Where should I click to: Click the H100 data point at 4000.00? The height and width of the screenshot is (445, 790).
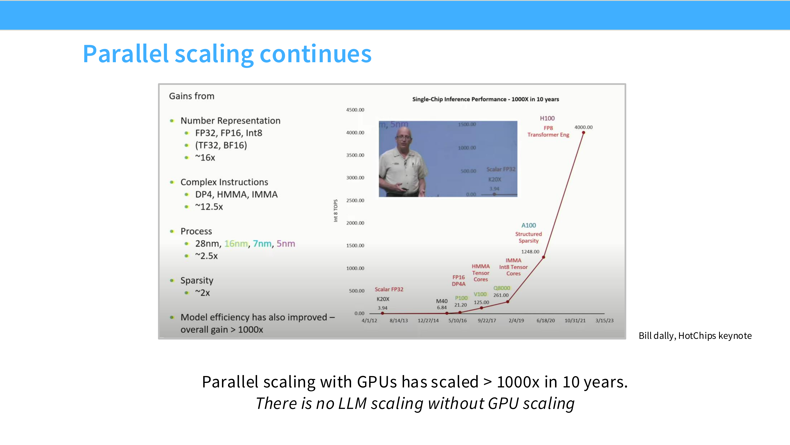[583, 133]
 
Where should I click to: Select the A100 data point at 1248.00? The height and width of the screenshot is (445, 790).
[543, 257]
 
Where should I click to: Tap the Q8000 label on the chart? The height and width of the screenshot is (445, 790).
[501, 288]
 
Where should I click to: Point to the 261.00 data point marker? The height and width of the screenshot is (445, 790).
[508, 302]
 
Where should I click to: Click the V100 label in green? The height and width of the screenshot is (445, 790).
[480, 294]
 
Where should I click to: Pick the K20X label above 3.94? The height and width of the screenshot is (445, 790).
[383, 299]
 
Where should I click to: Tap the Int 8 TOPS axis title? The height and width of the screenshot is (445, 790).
[335, 211]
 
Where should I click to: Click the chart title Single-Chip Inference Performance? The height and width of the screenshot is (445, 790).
[485, 99]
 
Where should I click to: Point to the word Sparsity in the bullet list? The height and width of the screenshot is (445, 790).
[197, 280]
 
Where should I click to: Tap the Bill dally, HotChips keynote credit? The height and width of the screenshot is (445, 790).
[695, 336]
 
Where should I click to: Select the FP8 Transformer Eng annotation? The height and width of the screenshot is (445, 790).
[548, 131]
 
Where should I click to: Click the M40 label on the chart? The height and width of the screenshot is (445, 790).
[442, 301]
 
